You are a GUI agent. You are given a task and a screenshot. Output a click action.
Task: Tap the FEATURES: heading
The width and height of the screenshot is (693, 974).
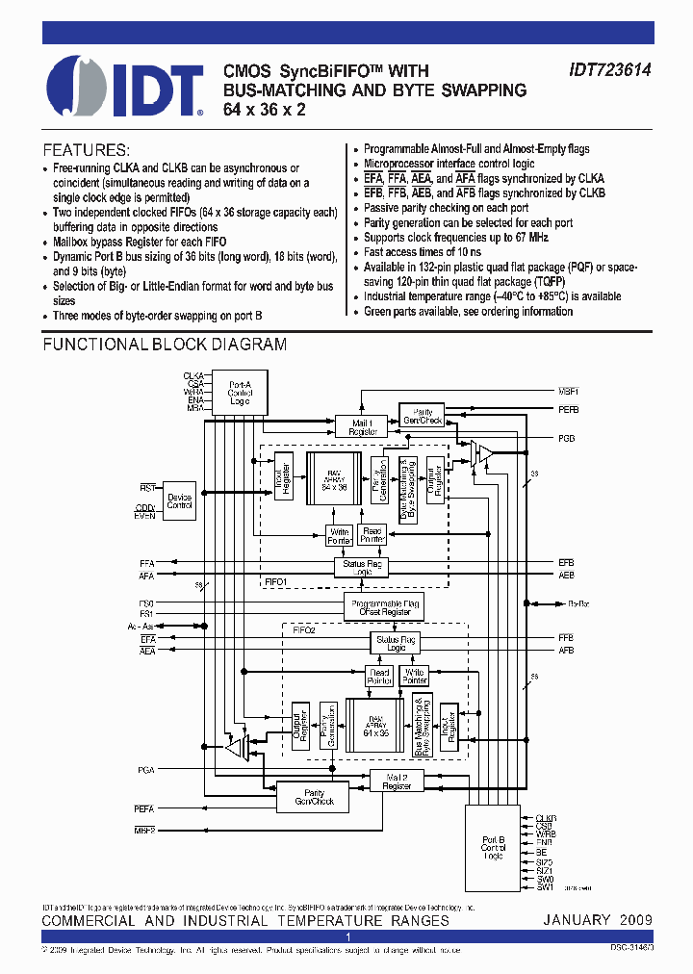pos(87,150)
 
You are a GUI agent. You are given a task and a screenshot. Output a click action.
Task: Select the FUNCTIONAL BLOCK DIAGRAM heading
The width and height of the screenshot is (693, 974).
pos(165,345)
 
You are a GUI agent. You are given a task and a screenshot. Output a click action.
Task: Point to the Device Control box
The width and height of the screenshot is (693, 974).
pos(180,501)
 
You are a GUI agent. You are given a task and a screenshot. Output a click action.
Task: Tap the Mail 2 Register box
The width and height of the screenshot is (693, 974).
pos(398,781)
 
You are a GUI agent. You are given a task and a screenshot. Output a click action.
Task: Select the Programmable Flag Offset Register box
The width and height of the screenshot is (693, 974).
pos(383,606)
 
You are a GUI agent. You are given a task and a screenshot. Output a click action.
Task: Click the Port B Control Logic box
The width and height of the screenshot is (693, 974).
pos(493,848)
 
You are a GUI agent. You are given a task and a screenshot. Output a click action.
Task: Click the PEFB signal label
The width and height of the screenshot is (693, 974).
pos(569,411)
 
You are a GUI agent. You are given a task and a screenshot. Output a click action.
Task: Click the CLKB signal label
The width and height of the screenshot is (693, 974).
pos(546,818)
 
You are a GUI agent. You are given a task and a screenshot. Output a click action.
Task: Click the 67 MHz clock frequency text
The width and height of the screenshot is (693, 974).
pos(526,237)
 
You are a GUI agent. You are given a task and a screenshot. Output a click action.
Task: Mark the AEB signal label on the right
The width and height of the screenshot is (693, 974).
pos(566,576)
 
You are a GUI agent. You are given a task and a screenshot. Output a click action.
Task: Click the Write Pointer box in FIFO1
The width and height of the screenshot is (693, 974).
pos(340,535)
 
